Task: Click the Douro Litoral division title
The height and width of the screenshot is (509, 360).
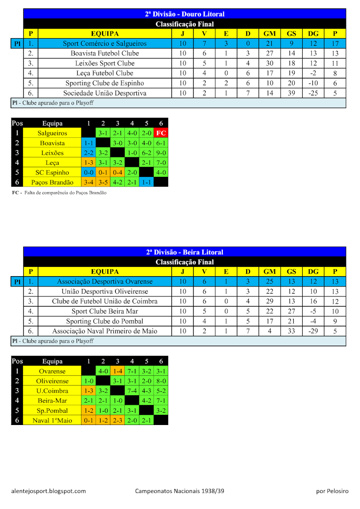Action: click(185, 14)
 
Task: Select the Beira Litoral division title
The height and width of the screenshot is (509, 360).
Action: click(185, 252)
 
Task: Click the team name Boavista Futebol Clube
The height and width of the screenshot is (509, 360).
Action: click(105, 53)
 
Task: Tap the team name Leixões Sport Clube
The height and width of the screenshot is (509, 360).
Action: click(105, 63)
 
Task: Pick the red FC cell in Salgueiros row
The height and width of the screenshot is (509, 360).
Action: click(161, 133)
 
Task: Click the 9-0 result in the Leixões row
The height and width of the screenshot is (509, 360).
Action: click(161, 153)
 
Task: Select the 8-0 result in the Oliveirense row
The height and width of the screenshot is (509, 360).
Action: click(161, 381)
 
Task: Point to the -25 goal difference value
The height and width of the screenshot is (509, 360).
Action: click(313, 93)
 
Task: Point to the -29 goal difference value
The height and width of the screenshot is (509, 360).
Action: click(313, 331)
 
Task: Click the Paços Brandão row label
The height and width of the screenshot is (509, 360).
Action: click(52, 182)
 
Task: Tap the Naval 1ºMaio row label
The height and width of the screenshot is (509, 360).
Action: click(52, 420)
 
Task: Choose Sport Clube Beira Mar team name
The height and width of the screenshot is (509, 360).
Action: click(105, 311)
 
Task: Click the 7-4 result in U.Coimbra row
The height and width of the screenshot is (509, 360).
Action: click(132, 391)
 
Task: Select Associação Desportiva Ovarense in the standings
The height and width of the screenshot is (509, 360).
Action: click(105, 282)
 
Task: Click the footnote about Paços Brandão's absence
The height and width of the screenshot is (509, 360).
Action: click(59, 193)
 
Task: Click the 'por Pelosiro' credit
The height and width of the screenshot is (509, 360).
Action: click(332, 491)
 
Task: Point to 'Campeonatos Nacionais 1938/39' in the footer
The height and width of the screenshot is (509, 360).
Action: click(180, 491)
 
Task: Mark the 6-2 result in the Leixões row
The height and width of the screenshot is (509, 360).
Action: click(146, 153)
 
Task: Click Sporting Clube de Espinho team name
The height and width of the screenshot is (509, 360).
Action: click(105, 83)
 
